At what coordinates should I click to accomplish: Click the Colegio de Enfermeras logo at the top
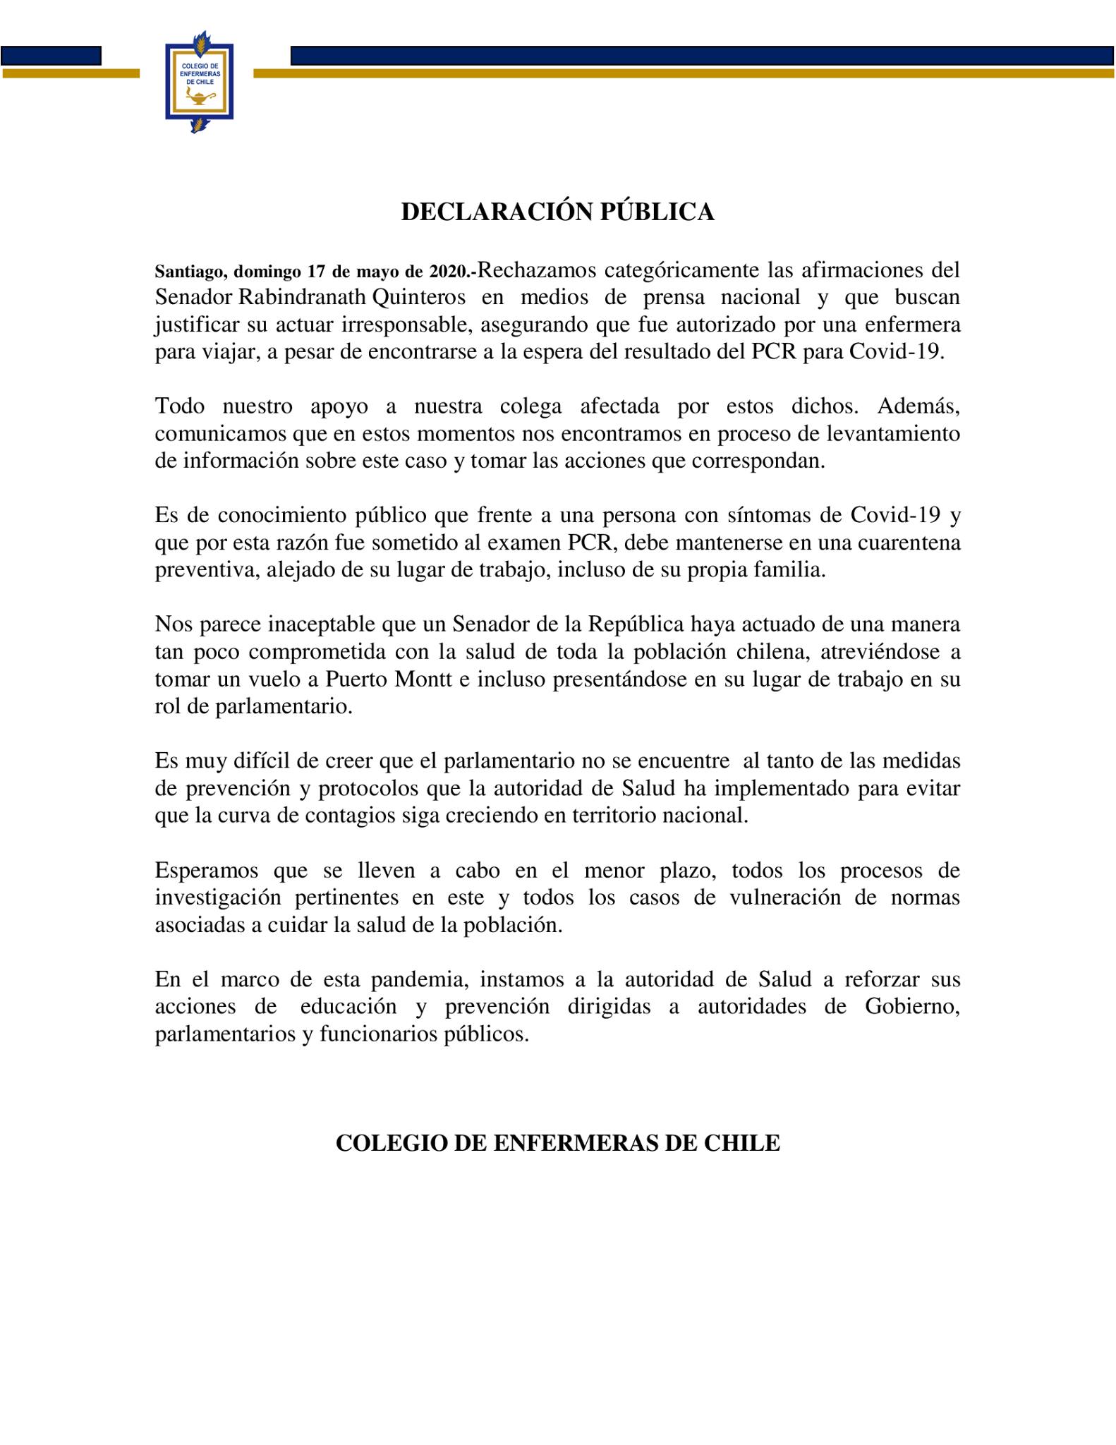[199, 81]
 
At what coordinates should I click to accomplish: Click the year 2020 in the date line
[449, 272]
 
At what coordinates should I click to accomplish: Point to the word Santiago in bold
[190, 272]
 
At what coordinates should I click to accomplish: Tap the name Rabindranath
[301, 297]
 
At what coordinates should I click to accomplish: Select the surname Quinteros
[418, 297]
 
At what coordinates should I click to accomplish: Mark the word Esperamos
[207, 870]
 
